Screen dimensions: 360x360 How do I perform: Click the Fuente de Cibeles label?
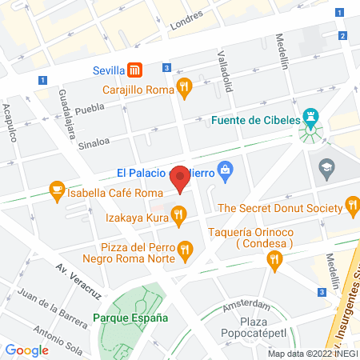[256, 122]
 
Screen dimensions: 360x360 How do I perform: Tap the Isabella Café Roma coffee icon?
[56, 190]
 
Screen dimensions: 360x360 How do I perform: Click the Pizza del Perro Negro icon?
[186, 249]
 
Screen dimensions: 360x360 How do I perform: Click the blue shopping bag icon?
[226, 170]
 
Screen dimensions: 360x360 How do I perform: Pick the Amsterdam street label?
[246, 305]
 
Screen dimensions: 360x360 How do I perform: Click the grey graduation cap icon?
[327, 168]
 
